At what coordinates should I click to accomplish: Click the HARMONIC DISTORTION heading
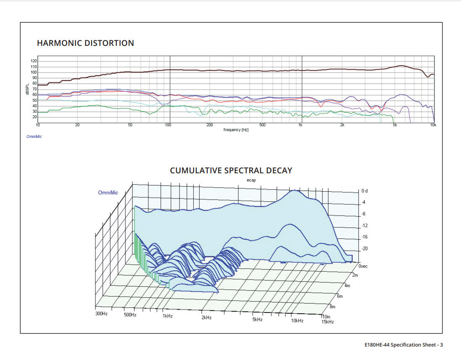85,43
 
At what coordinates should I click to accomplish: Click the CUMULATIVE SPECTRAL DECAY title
231,170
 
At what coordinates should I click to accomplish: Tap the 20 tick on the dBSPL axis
34,117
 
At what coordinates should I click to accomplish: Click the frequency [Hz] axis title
236,130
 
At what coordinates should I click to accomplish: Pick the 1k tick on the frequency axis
300,125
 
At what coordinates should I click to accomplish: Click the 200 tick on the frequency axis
210,125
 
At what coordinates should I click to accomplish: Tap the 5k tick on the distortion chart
395,125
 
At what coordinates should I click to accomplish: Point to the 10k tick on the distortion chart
433,125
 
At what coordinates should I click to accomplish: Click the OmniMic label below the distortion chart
34,136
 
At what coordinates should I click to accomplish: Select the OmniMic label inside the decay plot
108,193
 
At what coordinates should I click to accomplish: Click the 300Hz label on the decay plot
102,314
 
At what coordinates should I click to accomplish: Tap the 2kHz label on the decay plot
206,318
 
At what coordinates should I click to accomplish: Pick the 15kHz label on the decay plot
327,322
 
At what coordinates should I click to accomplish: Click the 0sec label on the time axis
363,266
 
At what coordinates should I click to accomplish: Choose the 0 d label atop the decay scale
364,191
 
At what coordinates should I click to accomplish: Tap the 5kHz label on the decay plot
258,320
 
